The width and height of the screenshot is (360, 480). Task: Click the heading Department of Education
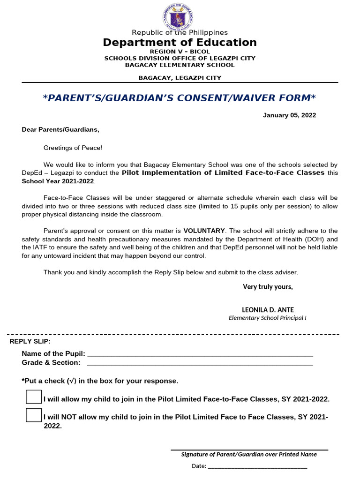(180, 43)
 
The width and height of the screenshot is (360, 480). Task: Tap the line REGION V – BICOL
(180, 51)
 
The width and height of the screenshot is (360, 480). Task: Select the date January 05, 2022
(289, 115)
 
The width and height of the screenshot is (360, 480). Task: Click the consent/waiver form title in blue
(180, 98)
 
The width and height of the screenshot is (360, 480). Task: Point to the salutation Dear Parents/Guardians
(60, 129)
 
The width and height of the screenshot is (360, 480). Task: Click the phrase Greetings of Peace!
(73, 148)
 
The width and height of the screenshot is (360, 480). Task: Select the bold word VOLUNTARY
(204, 231)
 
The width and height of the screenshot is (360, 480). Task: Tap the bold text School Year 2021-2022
(58, 181)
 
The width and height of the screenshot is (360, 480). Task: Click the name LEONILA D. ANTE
(268, 310)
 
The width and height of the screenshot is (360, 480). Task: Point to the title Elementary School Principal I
(267, 318)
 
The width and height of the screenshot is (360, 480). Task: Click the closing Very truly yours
(268, 287)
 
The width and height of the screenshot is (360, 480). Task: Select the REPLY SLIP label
(30, 341)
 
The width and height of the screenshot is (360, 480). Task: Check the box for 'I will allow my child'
(34, 397)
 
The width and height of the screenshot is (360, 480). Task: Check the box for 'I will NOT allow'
(34, 415)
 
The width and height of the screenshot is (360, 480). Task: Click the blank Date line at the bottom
(257, 467)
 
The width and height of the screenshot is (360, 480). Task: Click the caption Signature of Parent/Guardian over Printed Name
(249, 454)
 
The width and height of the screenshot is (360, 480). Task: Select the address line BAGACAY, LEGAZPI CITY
(180, 78)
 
